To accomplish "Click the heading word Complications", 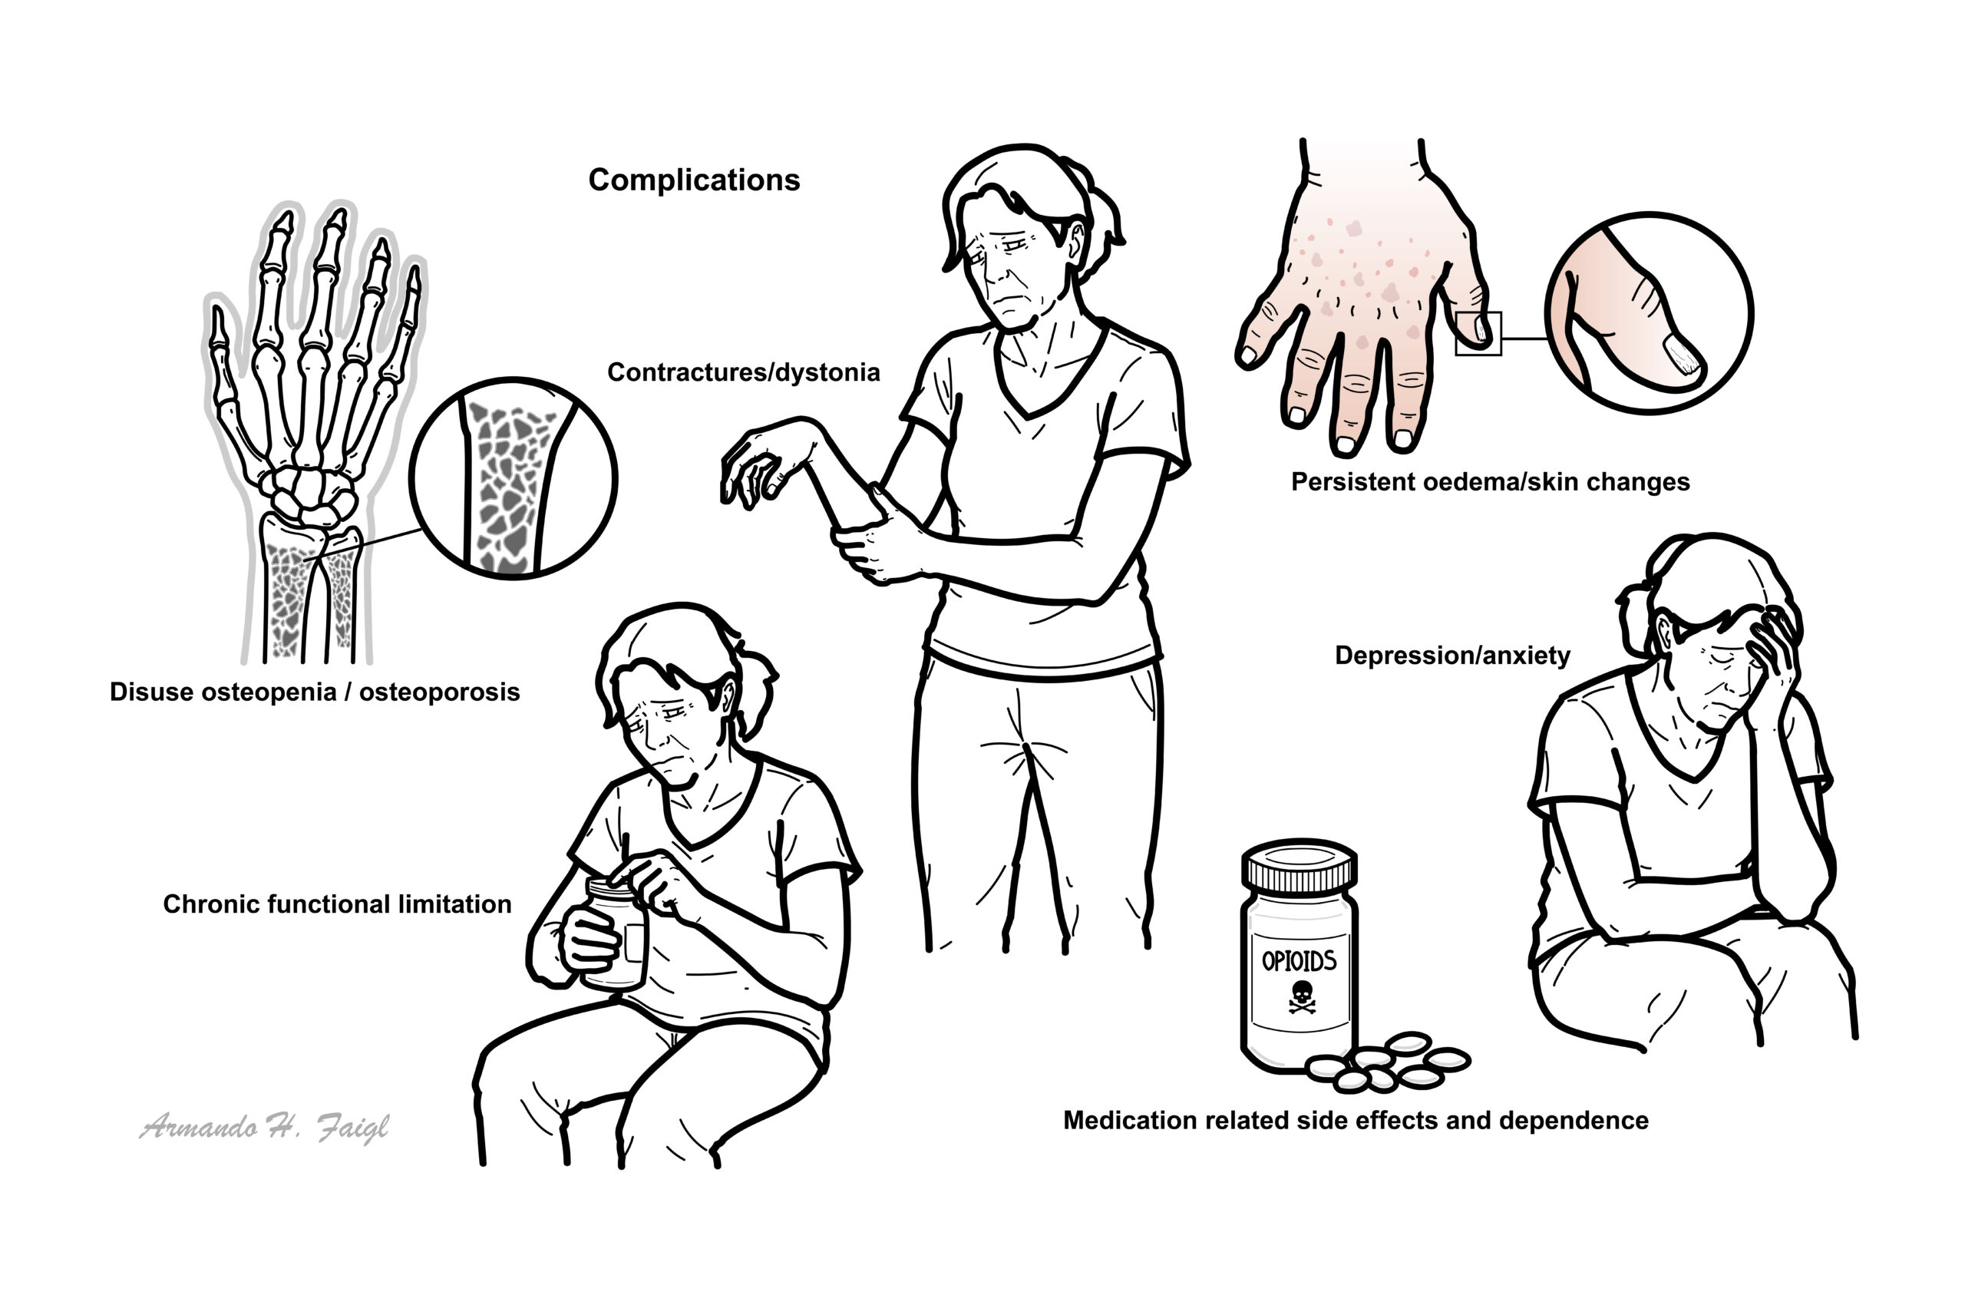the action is [693, 180].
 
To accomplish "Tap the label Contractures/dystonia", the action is [743, 372].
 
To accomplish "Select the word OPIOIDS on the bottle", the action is [1300, 961].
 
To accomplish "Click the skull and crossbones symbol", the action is [1302, 996].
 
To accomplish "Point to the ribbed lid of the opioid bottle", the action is [1300, 866].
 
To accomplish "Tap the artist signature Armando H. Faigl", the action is [264, 1128].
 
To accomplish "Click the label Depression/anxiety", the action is [1452, 656].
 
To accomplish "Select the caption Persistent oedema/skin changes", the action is [1490, 482].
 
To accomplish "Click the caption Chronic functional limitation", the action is [337, 904].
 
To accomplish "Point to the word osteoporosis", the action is [440, 692].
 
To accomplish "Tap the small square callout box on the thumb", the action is [1478, 334].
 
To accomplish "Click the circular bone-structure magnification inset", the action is [514, 478].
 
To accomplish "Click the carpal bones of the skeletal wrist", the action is [309, 495].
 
